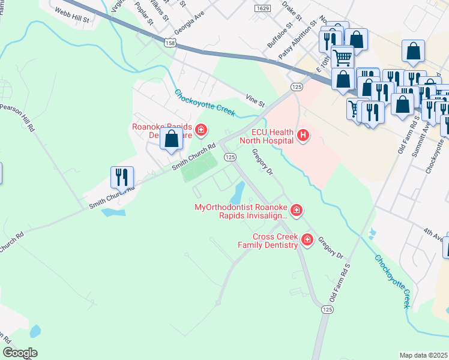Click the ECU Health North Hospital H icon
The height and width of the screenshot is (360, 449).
click(303, 136)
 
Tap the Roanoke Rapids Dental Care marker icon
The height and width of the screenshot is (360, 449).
click(201, 130)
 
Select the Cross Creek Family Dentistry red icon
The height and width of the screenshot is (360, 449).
click(307, 240)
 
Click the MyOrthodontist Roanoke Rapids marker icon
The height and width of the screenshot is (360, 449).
click(296, 210)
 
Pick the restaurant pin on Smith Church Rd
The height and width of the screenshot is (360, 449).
click(122, 177)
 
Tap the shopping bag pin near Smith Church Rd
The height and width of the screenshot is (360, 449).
click(171, 139)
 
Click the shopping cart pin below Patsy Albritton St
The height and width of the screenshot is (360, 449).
click(342, 58)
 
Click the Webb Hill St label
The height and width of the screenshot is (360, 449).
click(71, 15)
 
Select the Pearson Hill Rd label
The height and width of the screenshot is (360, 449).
click(17, 118)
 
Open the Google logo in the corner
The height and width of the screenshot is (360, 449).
click(20, 353)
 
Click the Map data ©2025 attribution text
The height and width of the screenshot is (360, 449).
click(423, 355)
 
